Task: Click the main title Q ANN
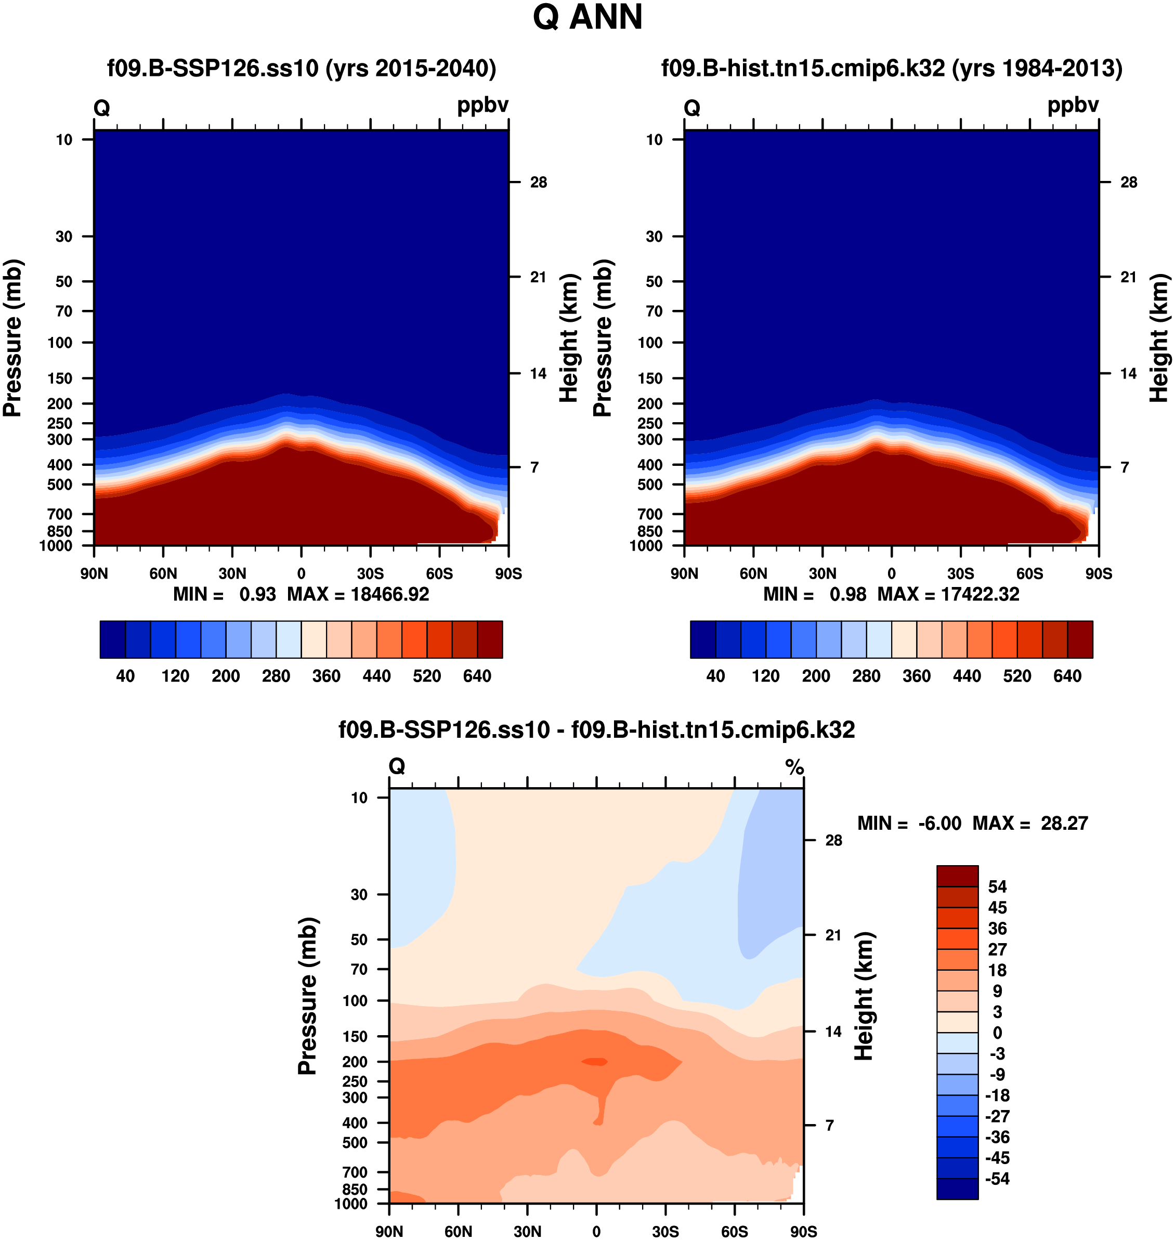tap(587, 18)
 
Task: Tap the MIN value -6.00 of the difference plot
tap(939, 824)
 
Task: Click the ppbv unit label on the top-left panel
tap(482, 105)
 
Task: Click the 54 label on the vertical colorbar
tap(997, 887)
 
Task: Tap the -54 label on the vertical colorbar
tap(997, 1179)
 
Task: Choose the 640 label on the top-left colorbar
tap(477, 676)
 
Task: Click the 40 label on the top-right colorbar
tap(715, 676)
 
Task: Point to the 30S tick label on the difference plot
tap(665, 1232)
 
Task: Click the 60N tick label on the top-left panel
tap(163, 573)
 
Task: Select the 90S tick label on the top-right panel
tap(1099, 573)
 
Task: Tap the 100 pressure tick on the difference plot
tap(355, 1001)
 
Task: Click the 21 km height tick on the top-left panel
tap(538, 277)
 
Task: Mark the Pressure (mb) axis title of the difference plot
tap(308, 996)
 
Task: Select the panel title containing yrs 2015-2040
tap(302, 68)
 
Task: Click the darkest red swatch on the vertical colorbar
tap(957, 876)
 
